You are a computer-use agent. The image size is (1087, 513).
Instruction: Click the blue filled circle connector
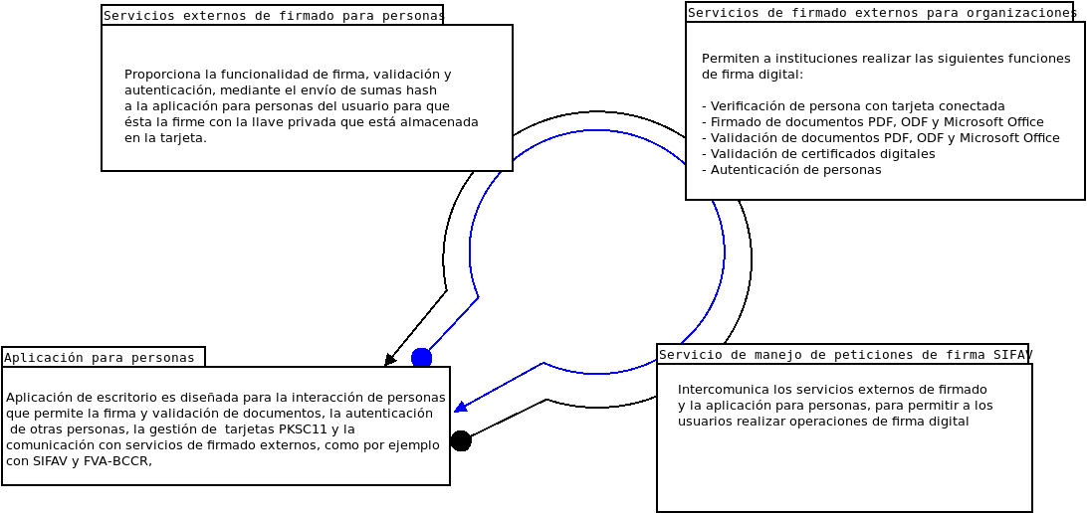pos(421,358)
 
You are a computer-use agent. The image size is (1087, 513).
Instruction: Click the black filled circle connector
pos(461,440)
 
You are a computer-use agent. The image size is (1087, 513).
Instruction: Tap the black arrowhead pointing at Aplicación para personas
pos(390,360)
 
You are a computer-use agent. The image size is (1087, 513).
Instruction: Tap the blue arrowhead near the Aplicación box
pos(461,406)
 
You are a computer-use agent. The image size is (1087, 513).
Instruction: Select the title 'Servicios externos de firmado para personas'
pos(273,16)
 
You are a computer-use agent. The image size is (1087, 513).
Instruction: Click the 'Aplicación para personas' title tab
pos(100,358)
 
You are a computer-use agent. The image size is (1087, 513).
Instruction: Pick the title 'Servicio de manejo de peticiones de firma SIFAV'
pos(843,355)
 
